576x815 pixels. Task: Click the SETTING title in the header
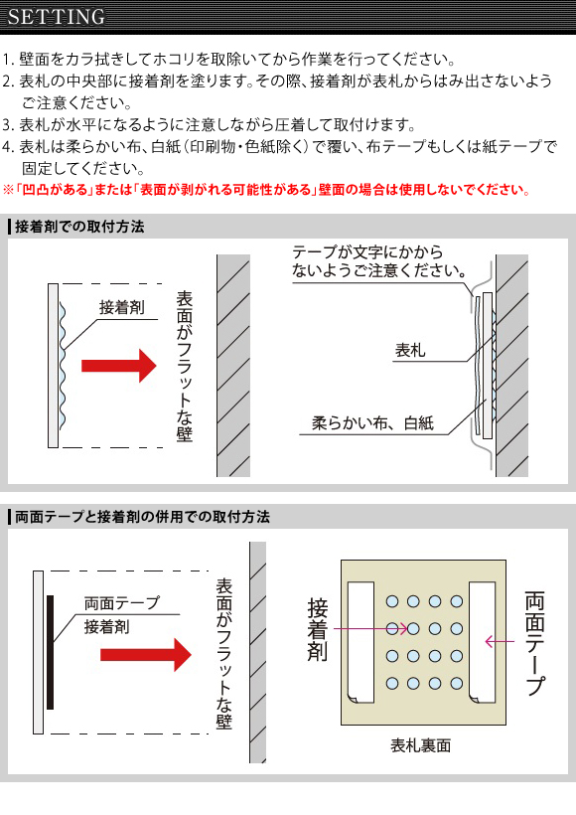coord(56,17)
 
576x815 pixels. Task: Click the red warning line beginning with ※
coord(267,190)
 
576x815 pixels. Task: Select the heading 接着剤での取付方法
coord(79,227)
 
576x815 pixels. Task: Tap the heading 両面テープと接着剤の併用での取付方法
coord(142,517)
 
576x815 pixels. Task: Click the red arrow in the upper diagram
coord(119,366)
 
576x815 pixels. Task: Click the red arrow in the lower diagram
coord(146,654)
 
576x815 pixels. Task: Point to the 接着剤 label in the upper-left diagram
coord(121,307)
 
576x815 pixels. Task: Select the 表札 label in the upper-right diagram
coord(410,350)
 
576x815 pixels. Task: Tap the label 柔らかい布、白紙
coord(372,423)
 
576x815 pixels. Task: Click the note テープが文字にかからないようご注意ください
coord(379,261)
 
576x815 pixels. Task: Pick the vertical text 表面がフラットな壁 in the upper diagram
coord(185,367)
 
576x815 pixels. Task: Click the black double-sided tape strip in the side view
coord(50,652)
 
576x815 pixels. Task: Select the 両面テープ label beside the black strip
coord(121,603)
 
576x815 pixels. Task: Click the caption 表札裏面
coord(421,745)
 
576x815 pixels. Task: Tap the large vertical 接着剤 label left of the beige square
coord(318,629)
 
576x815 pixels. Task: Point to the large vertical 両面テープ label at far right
coord(535,643)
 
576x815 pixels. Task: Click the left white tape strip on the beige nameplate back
coord(360,642)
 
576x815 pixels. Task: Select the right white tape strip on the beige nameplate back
coord(482,642)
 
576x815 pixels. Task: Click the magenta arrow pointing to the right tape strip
coord(500,642)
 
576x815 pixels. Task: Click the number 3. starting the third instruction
coord(8,125)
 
